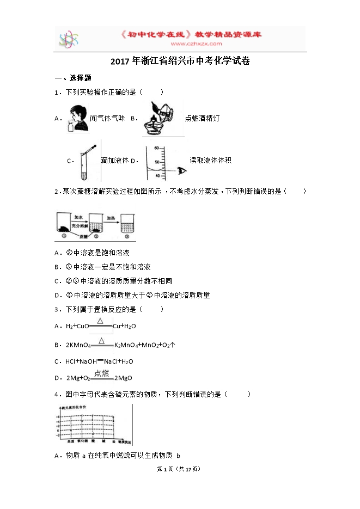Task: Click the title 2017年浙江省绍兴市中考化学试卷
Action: coord(180,62)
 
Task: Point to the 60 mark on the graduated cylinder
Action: coord(156,148)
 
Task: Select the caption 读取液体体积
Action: coord(211,160)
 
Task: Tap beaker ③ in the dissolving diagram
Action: coord(126,226)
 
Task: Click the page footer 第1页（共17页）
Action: coord(180,469)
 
